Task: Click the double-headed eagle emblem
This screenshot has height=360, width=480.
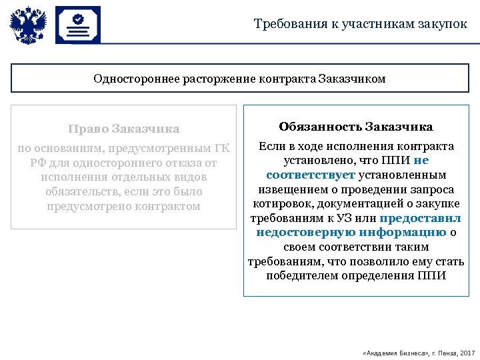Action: tap(28, 26)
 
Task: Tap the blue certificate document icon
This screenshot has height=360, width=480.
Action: tap(78, 25)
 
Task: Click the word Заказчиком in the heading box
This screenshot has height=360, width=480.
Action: tap(352, 79)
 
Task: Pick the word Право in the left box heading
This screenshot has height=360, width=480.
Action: tap(88, 129)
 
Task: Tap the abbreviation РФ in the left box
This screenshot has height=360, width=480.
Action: tap(37, 163)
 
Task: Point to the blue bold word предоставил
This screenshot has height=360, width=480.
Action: tap(420, 218)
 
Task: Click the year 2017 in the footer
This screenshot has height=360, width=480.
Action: tap(467, 351)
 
